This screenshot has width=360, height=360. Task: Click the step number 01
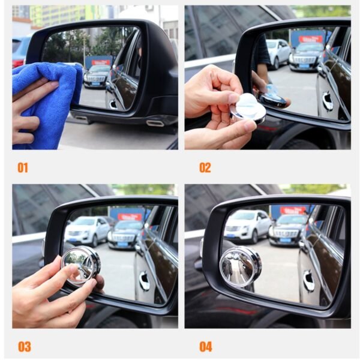22,167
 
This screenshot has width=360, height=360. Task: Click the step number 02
205,167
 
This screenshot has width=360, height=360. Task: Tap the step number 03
23,346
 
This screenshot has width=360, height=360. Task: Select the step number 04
206,346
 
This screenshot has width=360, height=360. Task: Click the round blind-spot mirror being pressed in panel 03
80,265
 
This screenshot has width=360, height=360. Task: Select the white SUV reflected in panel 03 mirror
87,231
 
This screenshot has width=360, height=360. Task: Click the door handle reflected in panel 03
144,281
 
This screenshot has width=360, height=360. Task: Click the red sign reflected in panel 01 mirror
100,62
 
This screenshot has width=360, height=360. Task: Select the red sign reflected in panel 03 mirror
130,216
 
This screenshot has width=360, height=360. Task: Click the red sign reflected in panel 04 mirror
293,211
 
